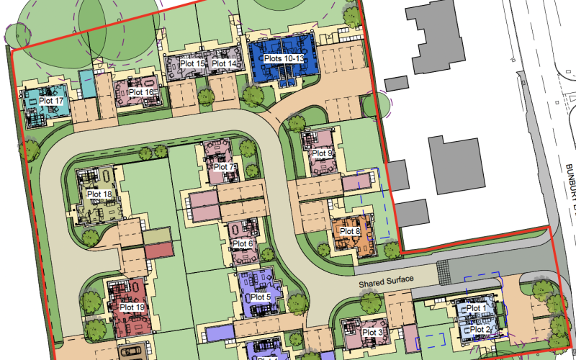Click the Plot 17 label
pyautogui.click(x=52, y=102)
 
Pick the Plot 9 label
pyautogui.click(x=322, y=153)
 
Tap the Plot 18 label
pyautogui.click(x=99, y=194)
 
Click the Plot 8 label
pyautogui.click(x=349, y=231)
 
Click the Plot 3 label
pyautogui.click(x=372, y=332)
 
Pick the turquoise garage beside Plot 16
pyautogui.click(x=86, y=84)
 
